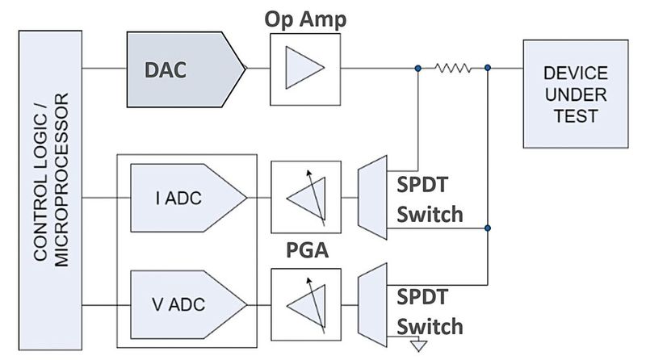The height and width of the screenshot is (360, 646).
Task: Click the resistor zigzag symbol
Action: click(x=453, y=69)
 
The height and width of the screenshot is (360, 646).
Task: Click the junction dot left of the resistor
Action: click(x=417, y=69)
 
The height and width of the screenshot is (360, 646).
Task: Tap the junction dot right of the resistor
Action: click(x=488, y=69)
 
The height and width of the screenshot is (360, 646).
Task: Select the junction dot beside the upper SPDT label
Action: click(x=488, y=228)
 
